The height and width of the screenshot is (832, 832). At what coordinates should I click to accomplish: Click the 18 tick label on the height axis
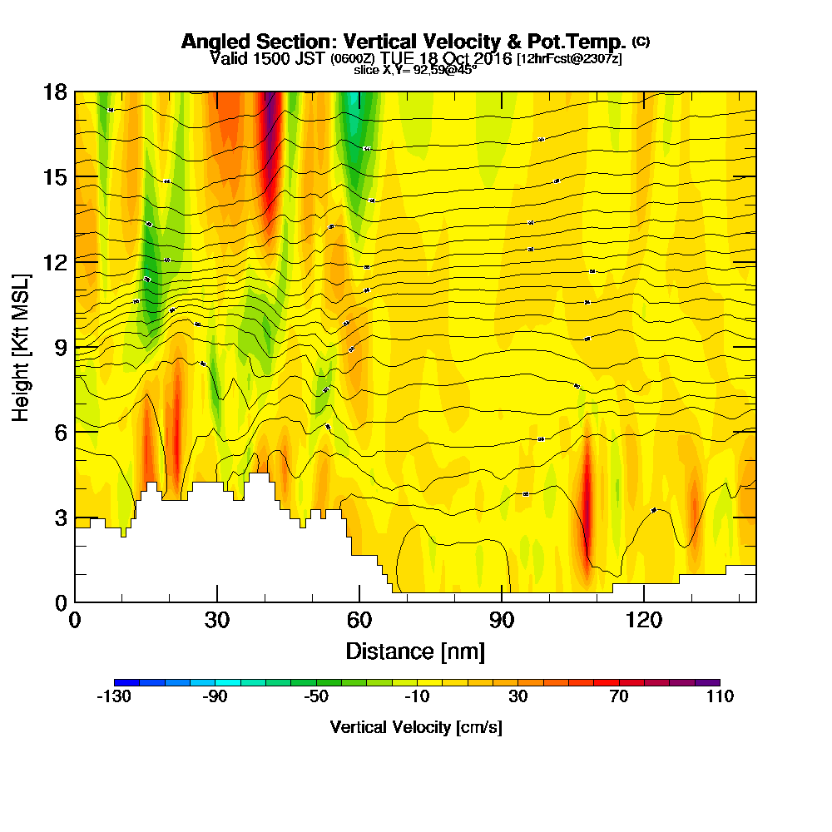(x=55, y=92)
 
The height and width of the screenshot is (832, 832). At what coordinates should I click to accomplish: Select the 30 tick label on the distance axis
(x=217, y=621)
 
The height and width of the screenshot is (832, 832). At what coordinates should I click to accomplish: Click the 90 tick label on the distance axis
(x=502, y=621)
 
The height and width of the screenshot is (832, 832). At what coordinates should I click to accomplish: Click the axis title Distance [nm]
(x=415, y=651)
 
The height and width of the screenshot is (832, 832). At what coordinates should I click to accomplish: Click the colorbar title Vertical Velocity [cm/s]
(x=416, y=727)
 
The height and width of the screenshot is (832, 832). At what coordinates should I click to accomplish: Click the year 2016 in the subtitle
(x=488, y=58)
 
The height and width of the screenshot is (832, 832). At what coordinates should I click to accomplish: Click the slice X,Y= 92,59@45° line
(x=415, y=70)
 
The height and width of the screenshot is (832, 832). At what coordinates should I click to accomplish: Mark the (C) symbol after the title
(x=641, y=41)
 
